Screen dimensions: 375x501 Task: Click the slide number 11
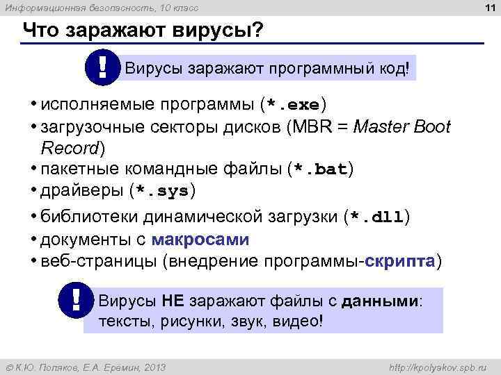pyautogui.click(x=486, y=8)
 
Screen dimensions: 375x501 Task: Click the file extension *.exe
pyautogui.click(x=292, y=106)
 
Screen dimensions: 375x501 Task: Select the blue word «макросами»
pyautogui.click(x=200, y=240)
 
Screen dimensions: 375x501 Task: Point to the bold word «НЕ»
pyautogui.click(x=172, y=301)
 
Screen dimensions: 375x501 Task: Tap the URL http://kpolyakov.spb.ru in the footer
pyautogui.click(x=438, y=367)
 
